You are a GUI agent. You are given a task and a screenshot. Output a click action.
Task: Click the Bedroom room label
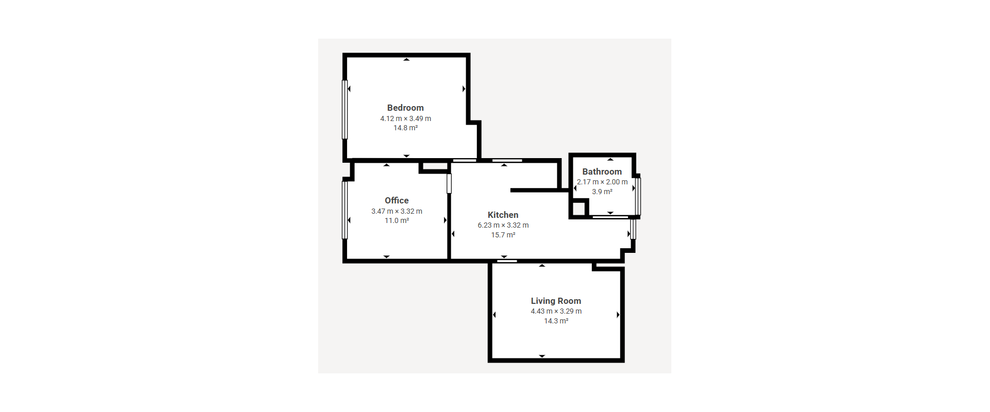click(x=405, y=108)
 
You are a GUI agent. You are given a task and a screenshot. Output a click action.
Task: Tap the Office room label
click(x=397, y=200)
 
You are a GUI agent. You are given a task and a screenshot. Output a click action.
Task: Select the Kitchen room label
click(x=503, y=215)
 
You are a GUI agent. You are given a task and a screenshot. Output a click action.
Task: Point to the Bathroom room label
click(x=602, y=171)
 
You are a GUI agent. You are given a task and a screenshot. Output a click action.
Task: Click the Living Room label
click(x=556, y=301)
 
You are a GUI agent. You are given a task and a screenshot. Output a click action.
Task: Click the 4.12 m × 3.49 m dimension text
click(x=406, y=118)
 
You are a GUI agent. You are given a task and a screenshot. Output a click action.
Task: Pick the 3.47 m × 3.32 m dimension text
click(x=397, y=211)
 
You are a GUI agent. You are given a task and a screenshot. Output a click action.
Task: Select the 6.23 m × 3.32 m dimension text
click(x=503, y=225)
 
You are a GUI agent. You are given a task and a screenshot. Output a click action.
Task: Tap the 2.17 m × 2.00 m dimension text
click(x=602, y=182)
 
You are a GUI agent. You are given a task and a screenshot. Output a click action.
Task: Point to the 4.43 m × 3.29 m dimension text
click(x=556, y=311)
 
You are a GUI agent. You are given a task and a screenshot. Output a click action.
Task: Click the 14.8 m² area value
click(x=406, y=128)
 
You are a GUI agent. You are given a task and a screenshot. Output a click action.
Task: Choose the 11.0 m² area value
click(x=397, y=220)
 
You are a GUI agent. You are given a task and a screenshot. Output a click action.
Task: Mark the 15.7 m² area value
click(x=503, y=235)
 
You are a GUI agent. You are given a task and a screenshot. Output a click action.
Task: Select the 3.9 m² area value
click(x=602, y=192)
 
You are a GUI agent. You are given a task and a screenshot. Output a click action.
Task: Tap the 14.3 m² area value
click(x=556, y=321)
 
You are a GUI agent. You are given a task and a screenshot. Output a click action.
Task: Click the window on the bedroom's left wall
click(x=345, y=109)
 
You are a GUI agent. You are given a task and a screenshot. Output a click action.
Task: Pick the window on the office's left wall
click(x=345, y=210)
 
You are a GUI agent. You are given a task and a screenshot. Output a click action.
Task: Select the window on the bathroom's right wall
click(x=638, y=196)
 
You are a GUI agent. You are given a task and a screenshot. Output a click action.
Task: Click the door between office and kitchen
click(x=449, y=183)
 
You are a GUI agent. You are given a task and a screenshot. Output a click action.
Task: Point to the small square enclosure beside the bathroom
click(x=579, y=208)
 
